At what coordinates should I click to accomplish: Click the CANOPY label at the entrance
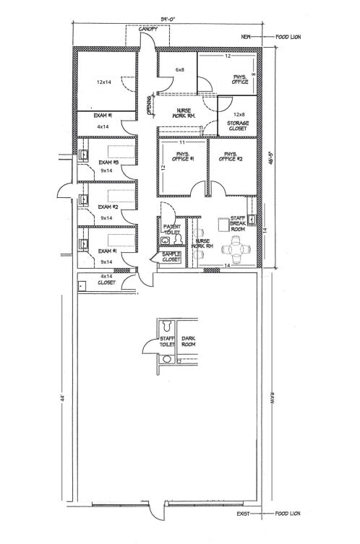pos(148,30)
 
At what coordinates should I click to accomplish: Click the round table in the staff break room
pos(234,251)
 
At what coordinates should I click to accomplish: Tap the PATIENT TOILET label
pos(171,229)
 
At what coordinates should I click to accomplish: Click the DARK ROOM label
pos(189,340)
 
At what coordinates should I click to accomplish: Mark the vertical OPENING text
pos(150,105)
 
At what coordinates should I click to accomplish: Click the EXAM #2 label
pos(108,207)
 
